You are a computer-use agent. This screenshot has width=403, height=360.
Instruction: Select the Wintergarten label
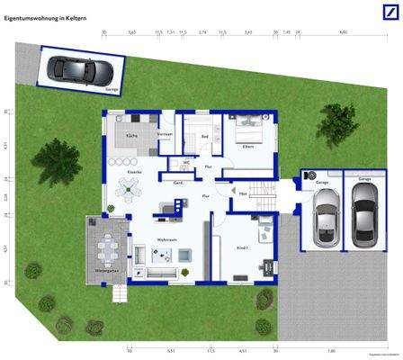click(x=107, y=269)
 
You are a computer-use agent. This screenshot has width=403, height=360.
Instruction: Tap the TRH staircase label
click(x=243, y=194)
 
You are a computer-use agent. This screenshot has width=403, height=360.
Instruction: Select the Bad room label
click(x=205, y=136)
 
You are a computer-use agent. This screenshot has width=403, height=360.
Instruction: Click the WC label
click(x=186, y=163)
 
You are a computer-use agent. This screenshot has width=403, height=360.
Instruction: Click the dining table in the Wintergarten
click(x=110, y=245)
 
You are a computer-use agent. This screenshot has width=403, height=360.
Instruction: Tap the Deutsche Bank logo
click(x=382, y=12)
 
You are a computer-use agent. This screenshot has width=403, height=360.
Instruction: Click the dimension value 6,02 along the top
click(x=344, y=31)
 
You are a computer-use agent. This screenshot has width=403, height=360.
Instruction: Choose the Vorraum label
click(x=165, y=134)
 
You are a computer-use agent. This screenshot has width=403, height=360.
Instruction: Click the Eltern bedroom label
click(x=248, y=146)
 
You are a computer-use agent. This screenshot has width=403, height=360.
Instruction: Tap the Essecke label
click(x=136, y=171)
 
